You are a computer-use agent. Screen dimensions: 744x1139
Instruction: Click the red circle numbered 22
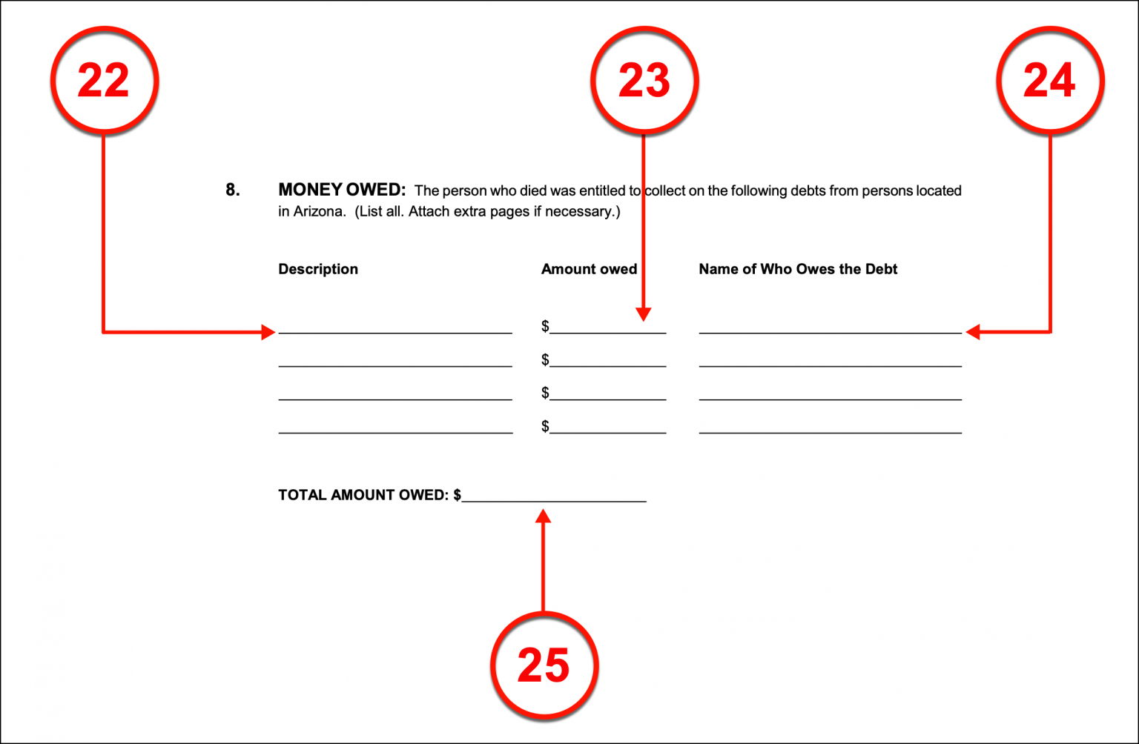[x=104, y=80]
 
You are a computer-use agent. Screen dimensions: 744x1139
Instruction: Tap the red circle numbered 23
[x=644, y=80]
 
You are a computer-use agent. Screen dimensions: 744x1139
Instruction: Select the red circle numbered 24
[x=1050, y=80]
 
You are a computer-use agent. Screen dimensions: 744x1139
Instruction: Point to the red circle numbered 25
[x=544, y=665]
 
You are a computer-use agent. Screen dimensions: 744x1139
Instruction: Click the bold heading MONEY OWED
[x=342, y=190]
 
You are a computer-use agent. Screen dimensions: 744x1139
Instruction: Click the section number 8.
[x=233, y=190]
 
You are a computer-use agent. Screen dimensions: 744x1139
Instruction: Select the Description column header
[x=318, y=269]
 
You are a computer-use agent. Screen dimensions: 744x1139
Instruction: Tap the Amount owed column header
[x=589, y=269]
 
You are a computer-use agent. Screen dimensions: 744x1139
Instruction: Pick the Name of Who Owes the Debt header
[x=798, y=269]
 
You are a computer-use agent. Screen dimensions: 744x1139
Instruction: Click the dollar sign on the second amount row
[x=545, y=360]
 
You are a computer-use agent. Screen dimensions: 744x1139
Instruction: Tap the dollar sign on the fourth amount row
[x=545, y=426]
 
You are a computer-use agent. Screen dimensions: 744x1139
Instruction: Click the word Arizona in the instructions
[x=319, y=212]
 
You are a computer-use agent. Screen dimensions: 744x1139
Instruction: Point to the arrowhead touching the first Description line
[x=268, y=332]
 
